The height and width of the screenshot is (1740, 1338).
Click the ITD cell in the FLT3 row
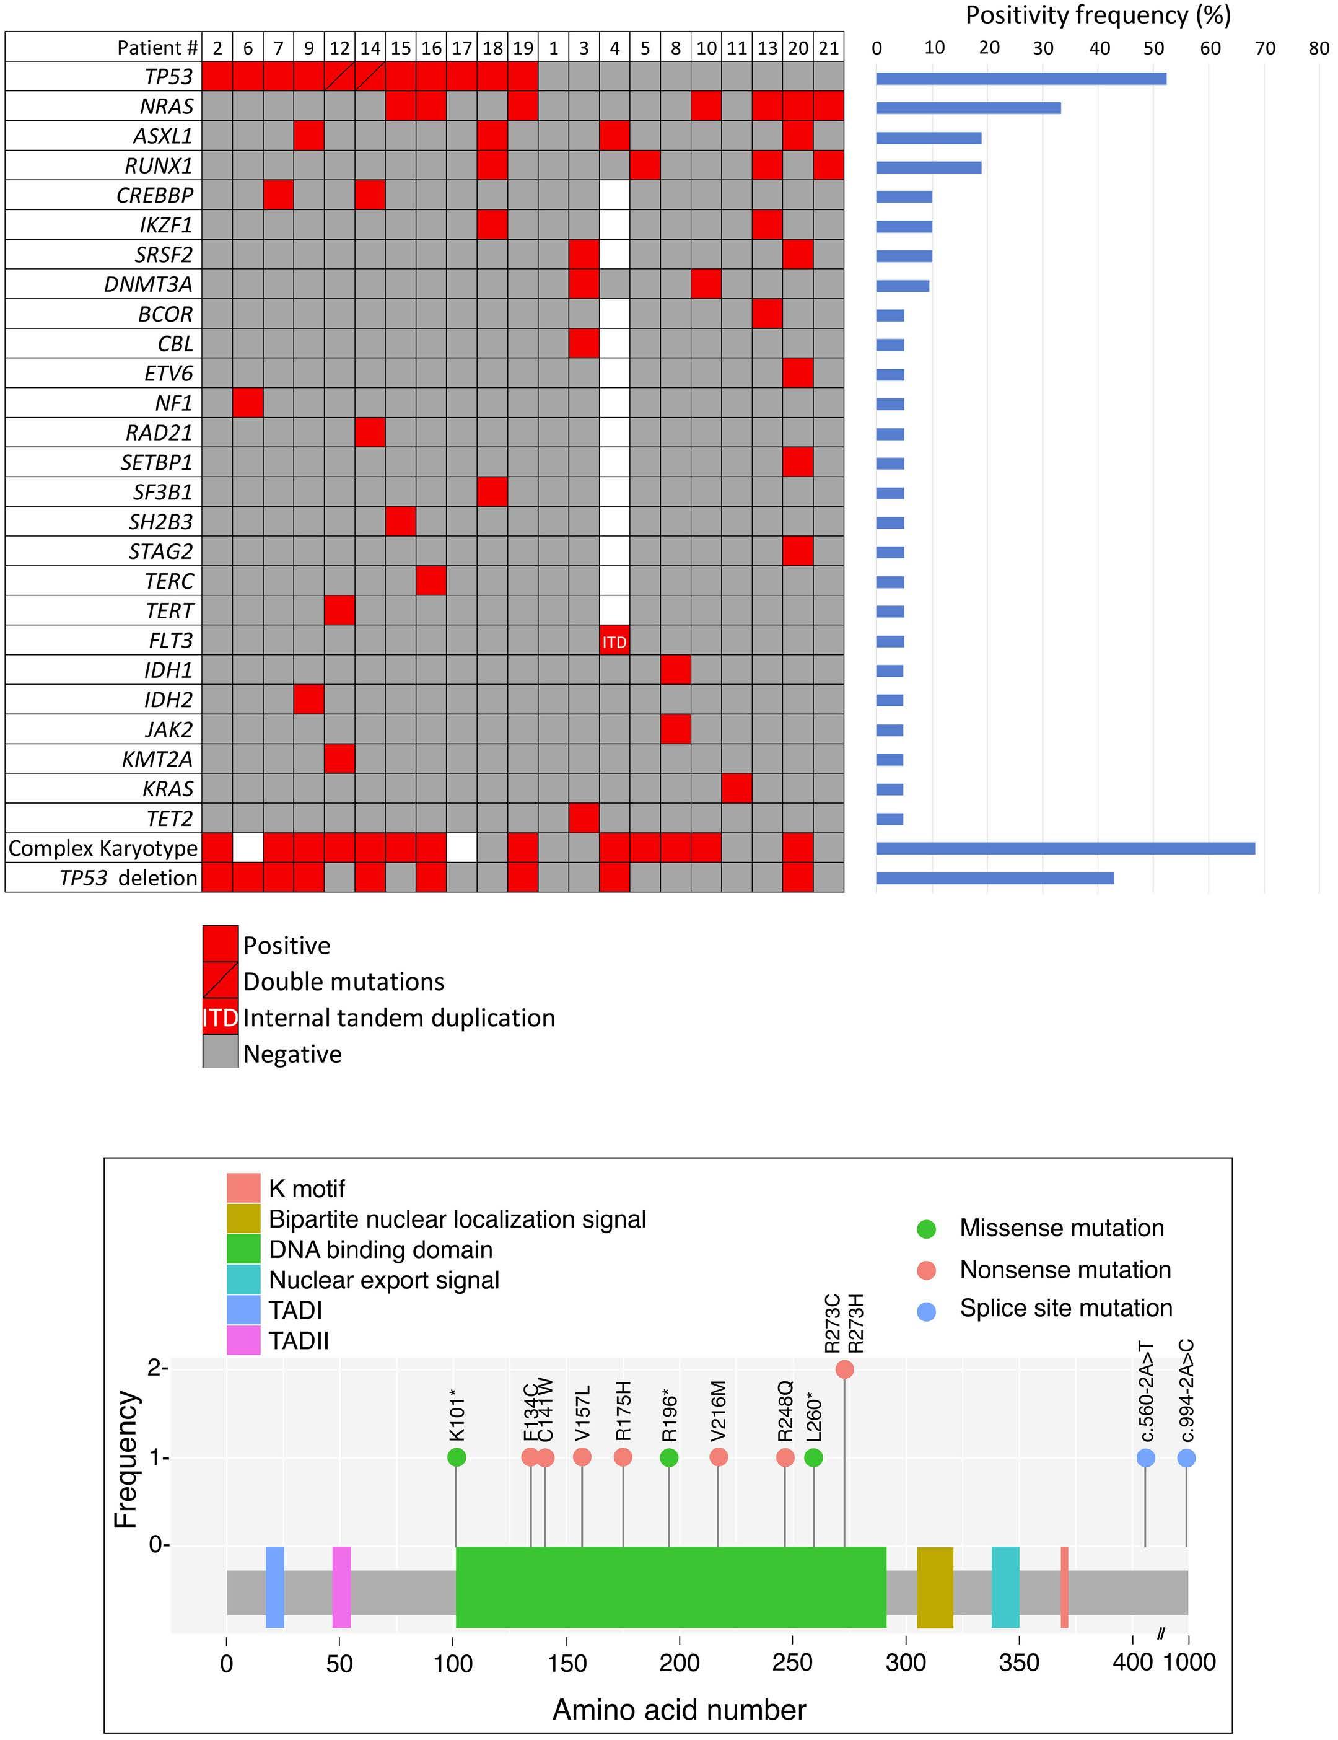(614, 641)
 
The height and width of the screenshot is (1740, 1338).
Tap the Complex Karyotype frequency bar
(1065, 848)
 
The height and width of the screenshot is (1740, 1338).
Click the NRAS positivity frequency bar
(968, 108)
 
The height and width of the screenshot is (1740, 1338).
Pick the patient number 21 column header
(828, 48)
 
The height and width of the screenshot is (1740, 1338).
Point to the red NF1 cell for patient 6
(248, 403)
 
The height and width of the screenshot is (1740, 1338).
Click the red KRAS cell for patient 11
(737, 789)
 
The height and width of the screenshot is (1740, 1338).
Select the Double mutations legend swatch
(221, 981)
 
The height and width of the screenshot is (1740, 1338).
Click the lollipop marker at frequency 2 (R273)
(845, 1369)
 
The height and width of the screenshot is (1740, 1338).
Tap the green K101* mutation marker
(457, 1457)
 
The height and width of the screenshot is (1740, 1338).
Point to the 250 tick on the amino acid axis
(794, 1663)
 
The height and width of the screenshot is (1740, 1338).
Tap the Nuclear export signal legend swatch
(243, 1280)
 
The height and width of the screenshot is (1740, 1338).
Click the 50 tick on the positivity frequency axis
(1153, 48)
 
